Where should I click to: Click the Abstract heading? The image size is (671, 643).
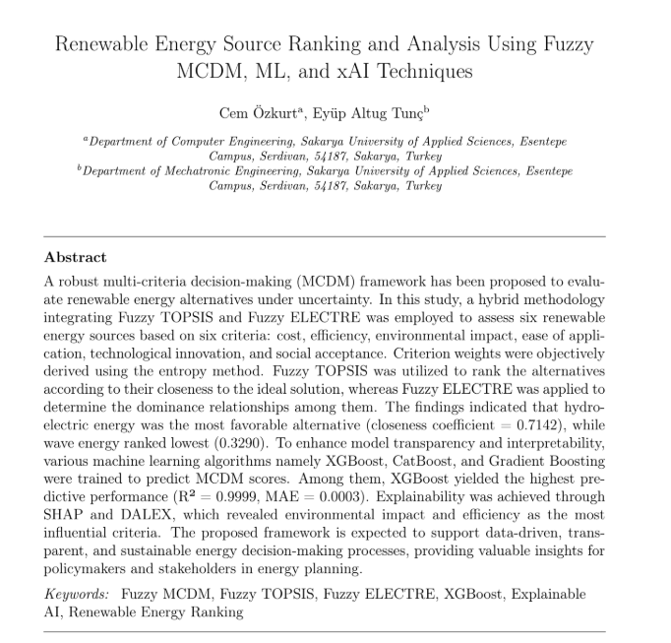[x=76, y=257]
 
